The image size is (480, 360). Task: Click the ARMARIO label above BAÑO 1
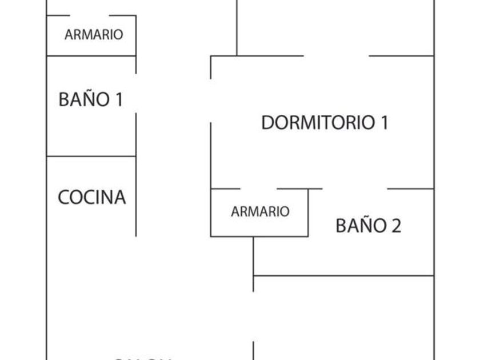click(x=93, y=35)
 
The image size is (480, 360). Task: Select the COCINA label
click(x=91, y=197)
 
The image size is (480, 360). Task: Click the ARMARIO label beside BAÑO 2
click(x=260, y=212)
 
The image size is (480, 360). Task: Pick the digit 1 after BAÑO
click(x=118, y=99)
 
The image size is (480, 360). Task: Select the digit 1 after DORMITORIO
click(x=384, y=123)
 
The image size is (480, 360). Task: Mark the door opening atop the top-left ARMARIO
click(x=90, y=16)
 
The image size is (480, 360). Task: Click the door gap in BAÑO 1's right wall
click(x=136, y=93)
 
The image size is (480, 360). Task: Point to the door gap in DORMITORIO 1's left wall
click(x=211, y=100)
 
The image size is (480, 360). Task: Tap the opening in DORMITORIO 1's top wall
click(x=336, y=56)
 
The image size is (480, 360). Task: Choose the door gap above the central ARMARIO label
click(x=258, y=189)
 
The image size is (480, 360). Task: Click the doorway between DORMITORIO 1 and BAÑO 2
click(x=355, y=189)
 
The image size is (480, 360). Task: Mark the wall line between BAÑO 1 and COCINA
click(x=91, y=156)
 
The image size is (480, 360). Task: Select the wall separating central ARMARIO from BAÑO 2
click(x=309, y=212)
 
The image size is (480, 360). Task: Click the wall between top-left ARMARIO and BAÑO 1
click(x=91, y=56)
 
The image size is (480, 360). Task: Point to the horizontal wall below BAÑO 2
click(x=343, y=276)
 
